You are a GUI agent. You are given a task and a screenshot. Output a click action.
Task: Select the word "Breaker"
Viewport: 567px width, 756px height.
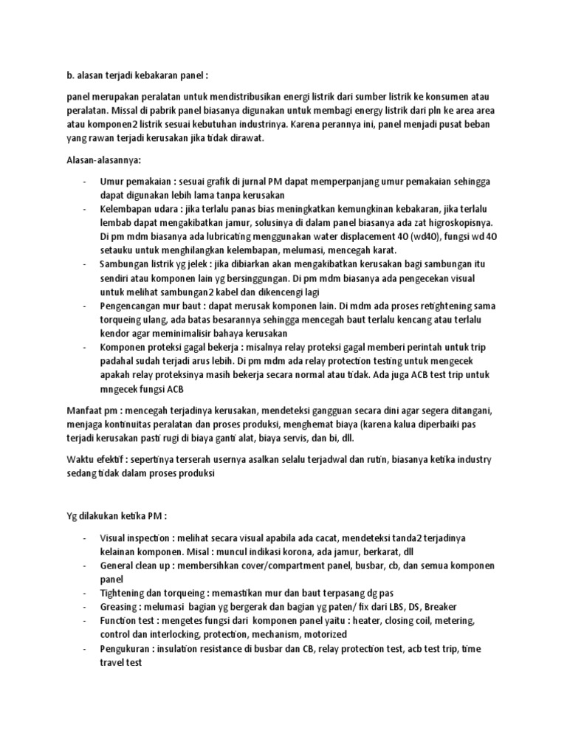430,605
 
